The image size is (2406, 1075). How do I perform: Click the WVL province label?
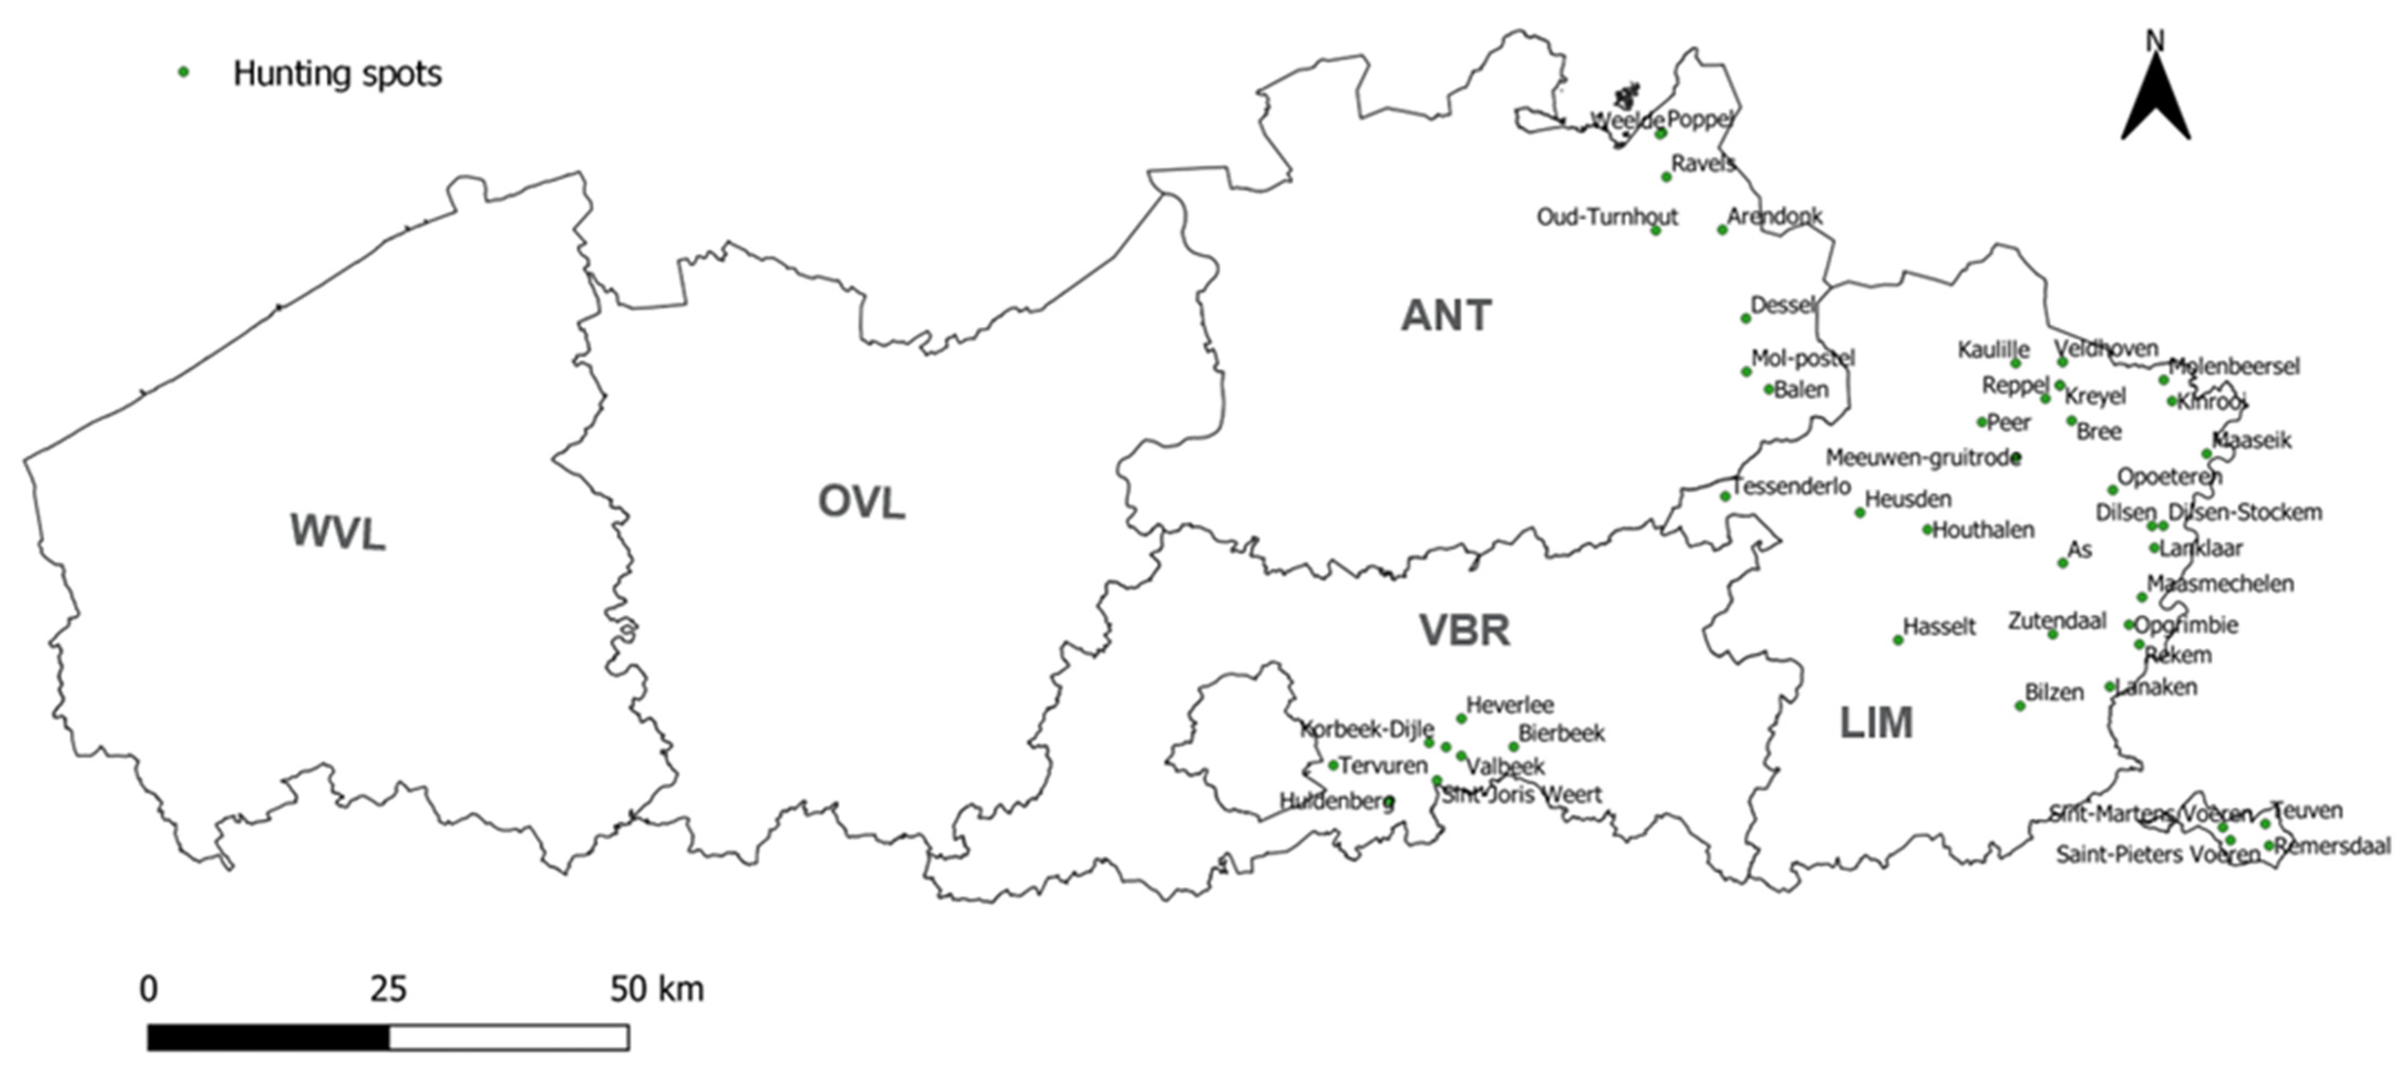[x=337, y=533]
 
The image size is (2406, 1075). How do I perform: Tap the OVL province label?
[x=861, y=503]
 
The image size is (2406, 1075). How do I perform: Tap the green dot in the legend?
[x=184, y=72]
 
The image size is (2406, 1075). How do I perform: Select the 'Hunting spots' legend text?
[x=337, y=74]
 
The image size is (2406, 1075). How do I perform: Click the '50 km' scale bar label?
[x=656, y=989]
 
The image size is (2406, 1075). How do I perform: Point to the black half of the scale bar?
[x=268, y=1038]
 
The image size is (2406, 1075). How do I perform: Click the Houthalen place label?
[x=1983, y=530]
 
